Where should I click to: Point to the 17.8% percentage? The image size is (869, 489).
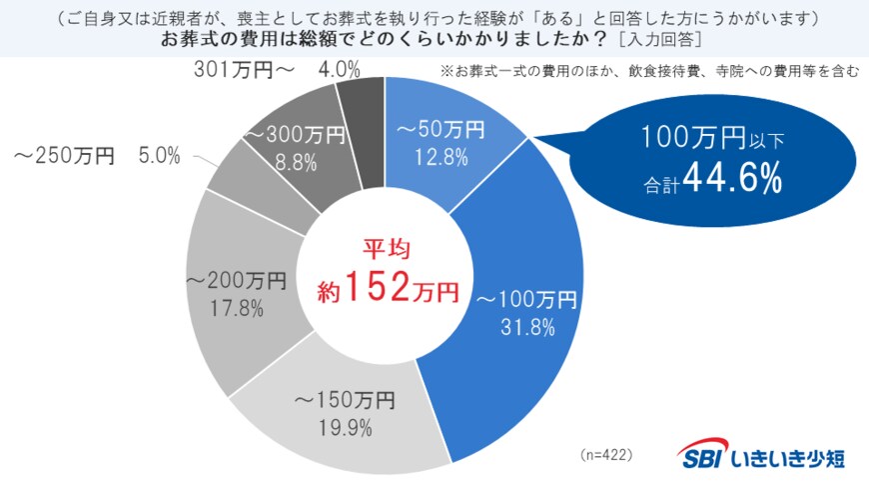pos(238,308)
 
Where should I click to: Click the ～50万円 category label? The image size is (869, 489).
pos(440,129)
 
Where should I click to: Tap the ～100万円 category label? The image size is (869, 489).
pos(525,298)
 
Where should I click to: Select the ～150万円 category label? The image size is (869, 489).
pos(344,402)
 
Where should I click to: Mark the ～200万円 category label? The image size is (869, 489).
pos(237,281)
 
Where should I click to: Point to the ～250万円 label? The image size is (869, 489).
pos(64,156)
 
